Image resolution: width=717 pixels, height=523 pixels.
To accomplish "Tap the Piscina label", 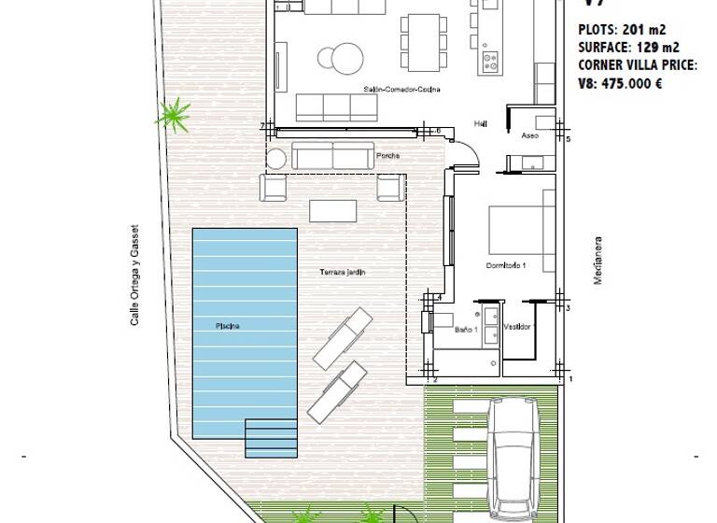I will coord(228,326).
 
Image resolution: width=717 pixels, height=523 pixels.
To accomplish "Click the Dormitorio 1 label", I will coord(506,266).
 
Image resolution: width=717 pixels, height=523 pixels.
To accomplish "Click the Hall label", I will coord(481,122).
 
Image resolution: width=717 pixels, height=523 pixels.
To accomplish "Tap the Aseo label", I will coord(529,135).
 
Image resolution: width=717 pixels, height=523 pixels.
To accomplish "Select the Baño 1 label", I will coord(467,328).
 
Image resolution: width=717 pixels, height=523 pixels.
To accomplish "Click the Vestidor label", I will coord(518,328).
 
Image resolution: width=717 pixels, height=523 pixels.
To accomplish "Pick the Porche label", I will coord(387,156).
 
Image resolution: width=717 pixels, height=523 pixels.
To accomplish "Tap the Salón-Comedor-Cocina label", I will coord(401,90).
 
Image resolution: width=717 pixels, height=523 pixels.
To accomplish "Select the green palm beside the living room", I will coord(173,115).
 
